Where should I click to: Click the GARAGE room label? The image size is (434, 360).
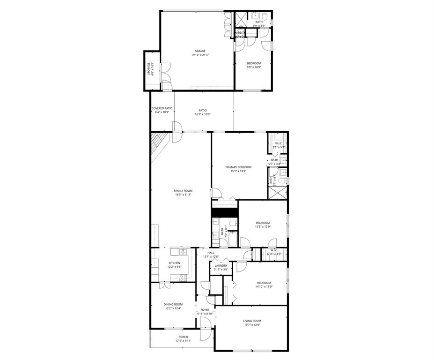200,51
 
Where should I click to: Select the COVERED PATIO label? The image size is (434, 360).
162,108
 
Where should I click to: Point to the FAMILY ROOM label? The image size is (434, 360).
183,191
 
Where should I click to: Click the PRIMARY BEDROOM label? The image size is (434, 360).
238,167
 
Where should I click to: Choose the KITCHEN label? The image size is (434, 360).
174,263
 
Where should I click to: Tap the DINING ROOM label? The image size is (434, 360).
173,304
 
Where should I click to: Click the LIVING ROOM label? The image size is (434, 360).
252,321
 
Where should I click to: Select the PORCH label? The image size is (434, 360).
183,337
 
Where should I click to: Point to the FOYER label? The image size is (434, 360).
205,310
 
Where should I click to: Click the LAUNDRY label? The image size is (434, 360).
221,265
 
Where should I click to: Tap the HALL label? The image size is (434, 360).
211,253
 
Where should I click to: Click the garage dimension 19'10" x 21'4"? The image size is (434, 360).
200,55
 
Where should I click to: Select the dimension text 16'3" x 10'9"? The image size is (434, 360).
202,114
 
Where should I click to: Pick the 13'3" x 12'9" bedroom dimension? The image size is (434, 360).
263,227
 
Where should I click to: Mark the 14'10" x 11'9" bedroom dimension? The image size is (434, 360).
264,287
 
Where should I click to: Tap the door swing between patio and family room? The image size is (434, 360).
177,127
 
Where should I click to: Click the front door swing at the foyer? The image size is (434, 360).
205,324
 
